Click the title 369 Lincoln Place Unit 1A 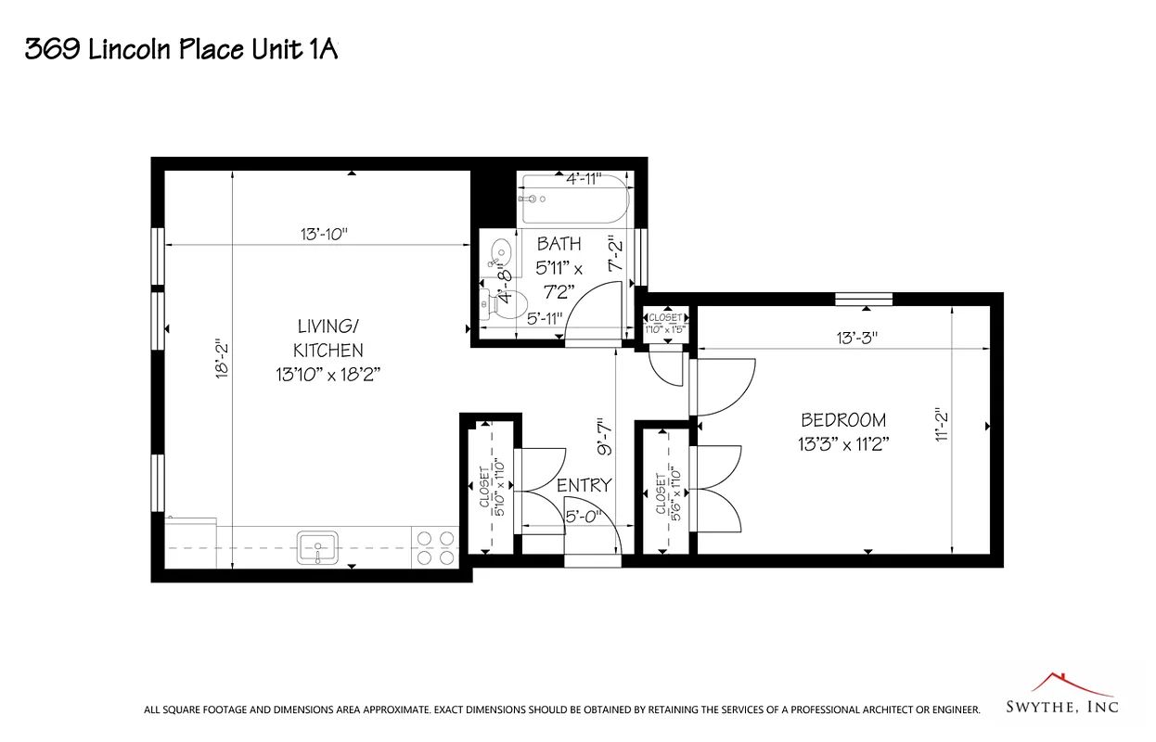[x=180, y=49]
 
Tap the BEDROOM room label [x=843, y=420]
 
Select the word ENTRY [x=584, y=485]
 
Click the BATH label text [x=559, y=244]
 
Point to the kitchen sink [x=317, y=546]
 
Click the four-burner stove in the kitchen [x=435, y=546]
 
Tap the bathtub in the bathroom [x=574, y=200]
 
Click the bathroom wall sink [x=499, y=252]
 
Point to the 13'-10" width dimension [x=323, y=234]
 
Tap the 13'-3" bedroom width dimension [x=856, y=339]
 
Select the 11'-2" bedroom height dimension [x=943, y=427]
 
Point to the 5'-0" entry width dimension [x=584, y=517]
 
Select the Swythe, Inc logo [x=1062, y=696]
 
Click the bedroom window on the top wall [x=863, y=299]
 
